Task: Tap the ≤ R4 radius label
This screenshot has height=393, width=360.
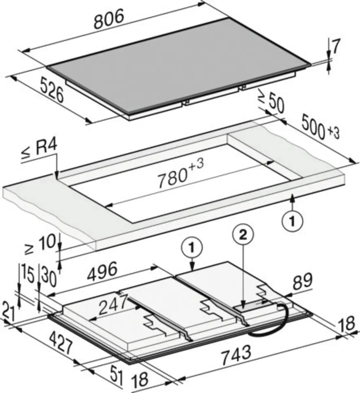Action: [x=40, y=151]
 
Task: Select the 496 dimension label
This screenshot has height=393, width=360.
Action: [x=102, y=272]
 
